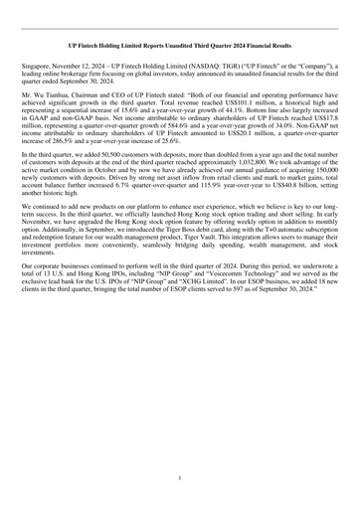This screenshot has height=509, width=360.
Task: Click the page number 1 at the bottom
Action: pos(180,477)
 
